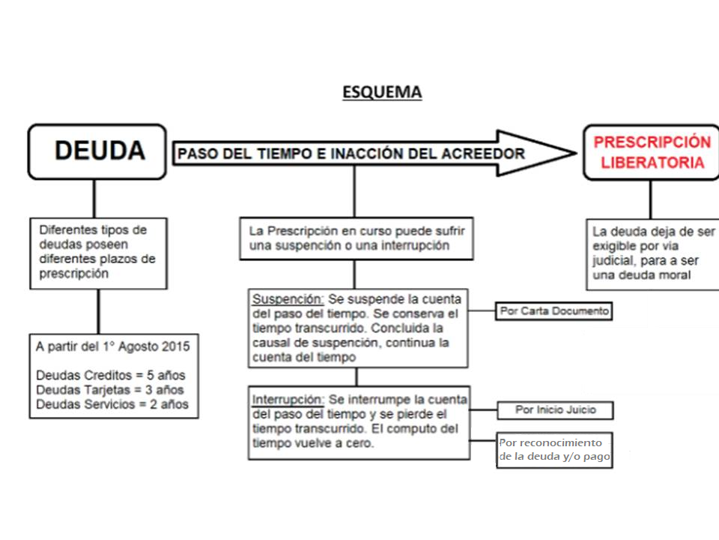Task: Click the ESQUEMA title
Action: click(382, 92)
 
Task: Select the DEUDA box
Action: click(97, 151)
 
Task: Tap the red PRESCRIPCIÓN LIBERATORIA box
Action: click(652, 152)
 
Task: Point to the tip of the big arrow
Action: click(576, 153)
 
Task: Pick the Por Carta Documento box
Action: click(554, 311)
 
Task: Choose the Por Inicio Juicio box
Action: click(555, 410)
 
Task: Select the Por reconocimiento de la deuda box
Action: click(554, 450)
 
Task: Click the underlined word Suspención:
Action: click(288, 299)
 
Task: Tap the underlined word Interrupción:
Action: click(288, 400)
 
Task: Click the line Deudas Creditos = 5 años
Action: click(111, 376)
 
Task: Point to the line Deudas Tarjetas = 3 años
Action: click(110, 390)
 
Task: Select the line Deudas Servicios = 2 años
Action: click(112, 404)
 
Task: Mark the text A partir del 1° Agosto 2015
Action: click(113, 346)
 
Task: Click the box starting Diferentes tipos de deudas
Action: click(99, 253)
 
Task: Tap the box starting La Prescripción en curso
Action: click(357, 238)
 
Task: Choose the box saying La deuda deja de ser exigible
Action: click(652, 254)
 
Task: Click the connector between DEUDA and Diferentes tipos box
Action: click(94, 199)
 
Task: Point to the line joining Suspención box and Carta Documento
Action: click(482, 310)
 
